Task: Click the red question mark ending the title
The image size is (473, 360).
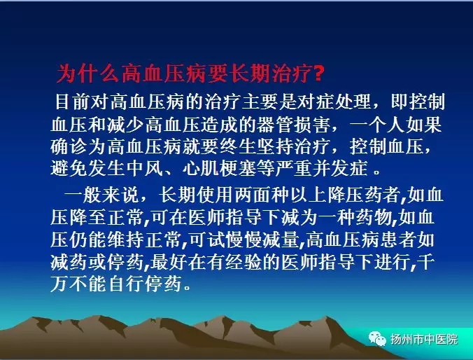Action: tap(318, 73)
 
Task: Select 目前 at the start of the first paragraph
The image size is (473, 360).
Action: tap(73, 101)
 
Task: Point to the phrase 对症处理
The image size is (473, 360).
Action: tap(334, 101)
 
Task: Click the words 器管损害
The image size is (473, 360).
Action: tap(293, 124)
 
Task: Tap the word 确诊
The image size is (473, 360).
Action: tap(69, 146)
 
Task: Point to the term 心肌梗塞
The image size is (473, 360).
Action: tap(220, 168)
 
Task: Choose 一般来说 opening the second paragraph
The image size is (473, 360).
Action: tap(102, 195)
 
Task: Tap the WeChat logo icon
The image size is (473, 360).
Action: tap(377, 339)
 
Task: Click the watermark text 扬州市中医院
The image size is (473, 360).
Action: tap(423, 340)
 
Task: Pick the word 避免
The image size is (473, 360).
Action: tap(69, 168)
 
